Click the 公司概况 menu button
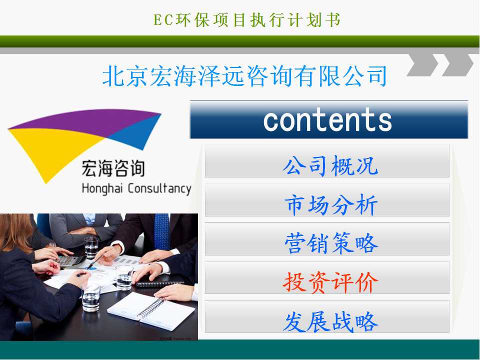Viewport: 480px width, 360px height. coord(327,161)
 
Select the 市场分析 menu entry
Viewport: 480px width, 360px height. coord(327,200)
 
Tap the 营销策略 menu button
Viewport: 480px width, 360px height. coord(327,239)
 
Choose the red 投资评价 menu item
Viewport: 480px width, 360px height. coord(327,278)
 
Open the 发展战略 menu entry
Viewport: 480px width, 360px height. coord(327,317)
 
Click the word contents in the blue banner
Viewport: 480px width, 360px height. coord(327,120)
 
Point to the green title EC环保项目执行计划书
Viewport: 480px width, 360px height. coord(247,20)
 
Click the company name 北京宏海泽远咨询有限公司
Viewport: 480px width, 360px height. coord(244,76)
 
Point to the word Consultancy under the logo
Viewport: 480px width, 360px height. coord(159,188)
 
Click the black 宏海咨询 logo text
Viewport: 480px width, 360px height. coord(113,168)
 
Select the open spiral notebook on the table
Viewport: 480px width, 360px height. coord(151,310)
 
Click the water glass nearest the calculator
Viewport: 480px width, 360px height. coord(91,247)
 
